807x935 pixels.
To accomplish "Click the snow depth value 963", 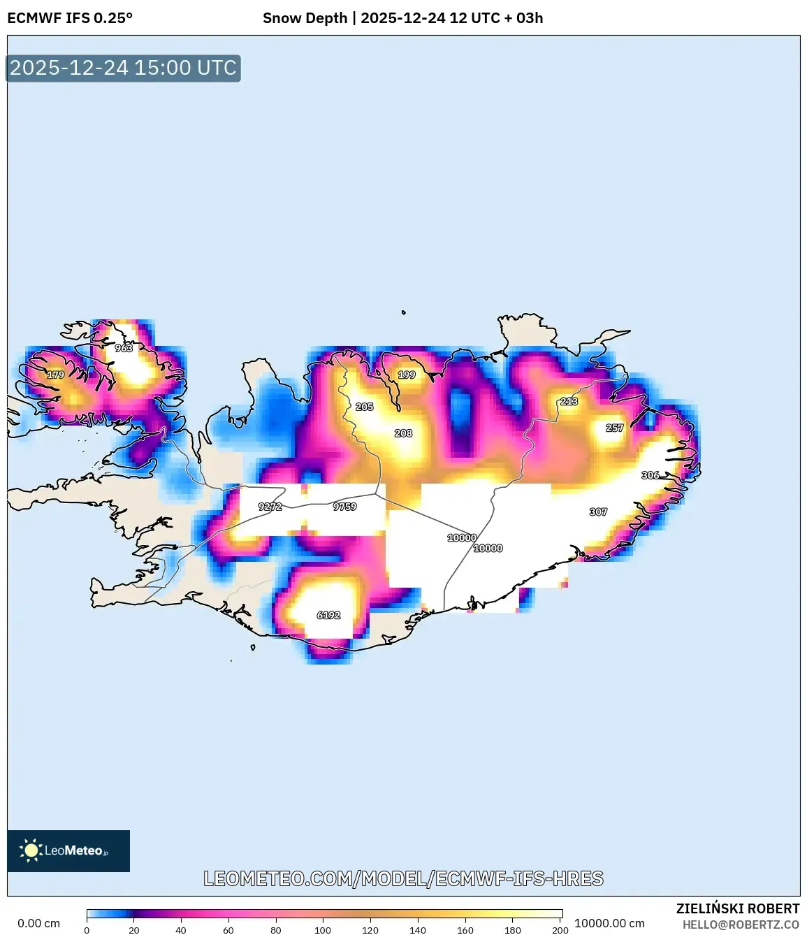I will coord(124,348).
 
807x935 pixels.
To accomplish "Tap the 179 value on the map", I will coord(56,375).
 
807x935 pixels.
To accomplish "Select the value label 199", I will coord(407,375).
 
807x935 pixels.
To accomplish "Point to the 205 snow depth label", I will coord(364,407).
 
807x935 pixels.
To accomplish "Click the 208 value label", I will coord(403,433).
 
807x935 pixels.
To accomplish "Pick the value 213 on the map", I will coord(569,402).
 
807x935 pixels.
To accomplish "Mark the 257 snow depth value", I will coord(614,428).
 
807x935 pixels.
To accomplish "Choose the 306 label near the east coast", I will coord(650,475).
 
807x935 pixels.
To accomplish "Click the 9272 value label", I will coord(270,507).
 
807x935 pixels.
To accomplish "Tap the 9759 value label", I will coord(344,507).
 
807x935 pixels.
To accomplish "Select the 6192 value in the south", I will coord(328,616).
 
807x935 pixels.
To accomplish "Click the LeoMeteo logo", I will coord(68,850).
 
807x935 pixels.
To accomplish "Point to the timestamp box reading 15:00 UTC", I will coord(123,68).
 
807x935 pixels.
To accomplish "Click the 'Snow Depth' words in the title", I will coord(305,18).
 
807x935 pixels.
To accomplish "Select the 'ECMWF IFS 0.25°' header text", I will coord(70,18).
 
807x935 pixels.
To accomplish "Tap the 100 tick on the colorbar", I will coord(323,930).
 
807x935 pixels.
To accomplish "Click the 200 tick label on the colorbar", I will coord(560,930).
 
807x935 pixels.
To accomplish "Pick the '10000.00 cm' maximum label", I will coord(609,923).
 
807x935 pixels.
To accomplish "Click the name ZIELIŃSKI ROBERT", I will coord(738,908).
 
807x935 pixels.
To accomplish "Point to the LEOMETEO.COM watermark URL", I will coord(403,879).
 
